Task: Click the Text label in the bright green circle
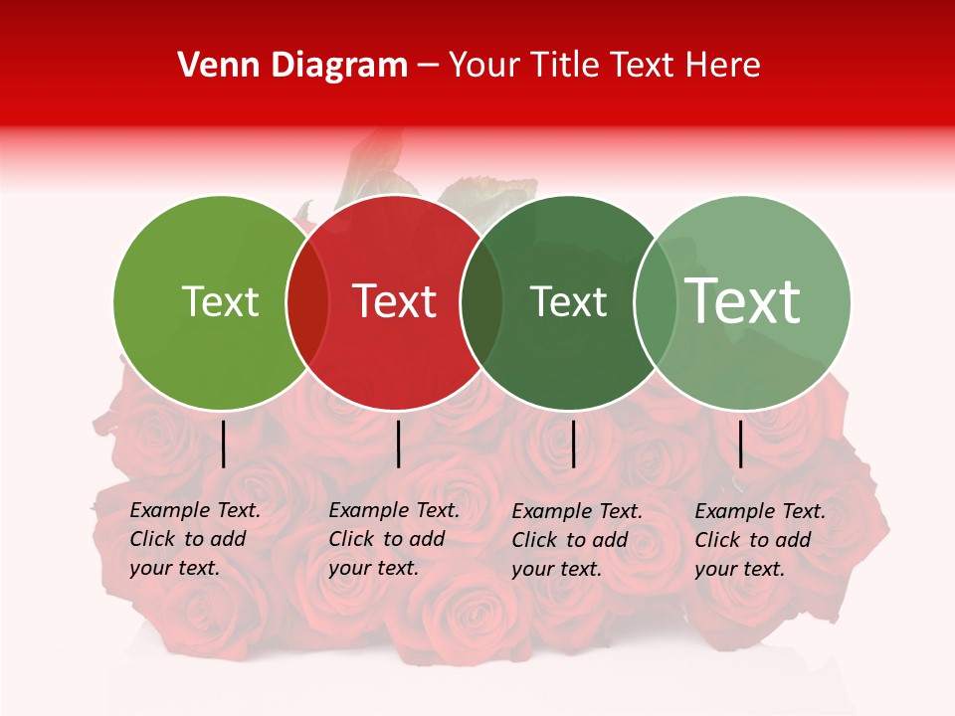pos(220,301)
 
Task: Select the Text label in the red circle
pos(395,301)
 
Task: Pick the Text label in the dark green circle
pos(568,301)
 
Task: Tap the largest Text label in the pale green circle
pos(743,301)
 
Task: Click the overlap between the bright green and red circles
pos(307,302)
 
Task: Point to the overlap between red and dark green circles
pos(481,302)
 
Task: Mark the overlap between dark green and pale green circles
pos(655,302)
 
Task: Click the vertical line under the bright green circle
pos(223,444)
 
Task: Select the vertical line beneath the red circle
pos(398,444)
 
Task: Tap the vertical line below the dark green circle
pos(573,444)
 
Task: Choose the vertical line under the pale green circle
pos(741,444)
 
